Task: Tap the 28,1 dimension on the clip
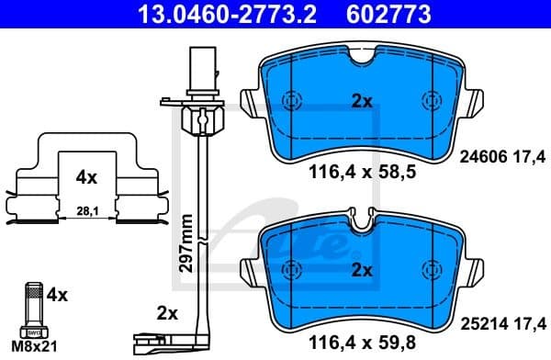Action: point(84,210)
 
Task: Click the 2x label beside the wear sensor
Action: point(166,313)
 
